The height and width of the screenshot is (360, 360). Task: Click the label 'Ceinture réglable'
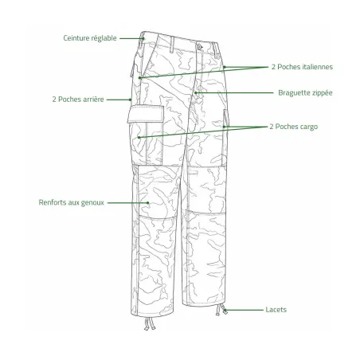[x=90, y=38]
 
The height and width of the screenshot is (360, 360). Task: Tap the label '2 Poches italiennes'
[x=302, y=67]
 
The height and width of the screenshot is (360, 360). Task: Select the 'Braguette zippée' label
[x=305, y=93]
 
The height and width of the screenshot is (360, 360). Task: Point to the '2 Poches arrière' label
[x=78, y=100]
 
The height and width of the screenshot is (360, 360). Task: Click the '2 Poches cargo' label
[x=294, y=127]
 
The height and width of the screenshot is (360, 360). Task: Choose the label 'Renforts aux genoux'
[x=71, y=202]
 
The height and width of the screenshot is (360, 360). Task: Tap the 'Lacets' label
[x=276, y=310]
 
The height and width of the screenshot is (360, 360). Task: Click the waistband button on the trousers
[x=200, y=47]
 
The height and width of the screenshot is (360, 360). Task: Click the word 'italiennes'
[x=318, y=67]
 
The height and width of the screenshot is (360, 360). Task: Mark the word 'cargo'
[x=308, y=127]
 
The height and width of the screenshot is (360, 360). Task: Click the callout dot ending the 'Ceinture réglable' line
[x=143, y=38]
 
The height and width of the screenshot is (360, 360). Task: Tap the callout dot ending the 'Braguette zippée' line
[x=196, y=92]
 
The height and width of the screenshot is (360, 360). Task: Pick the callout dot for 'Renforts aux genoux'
[x=148, y=203]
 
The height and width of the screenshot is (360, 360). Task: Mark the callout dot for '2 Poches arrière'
[x=131, y=100]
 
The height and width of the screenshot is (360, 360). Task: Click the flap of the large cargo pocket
[x=146, y=114]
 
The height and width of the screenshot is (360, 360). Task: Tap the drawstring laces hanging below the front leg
[x=150, y=323]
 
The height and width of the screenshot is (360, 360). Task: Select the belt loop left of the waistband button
[x=172, y=45]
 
